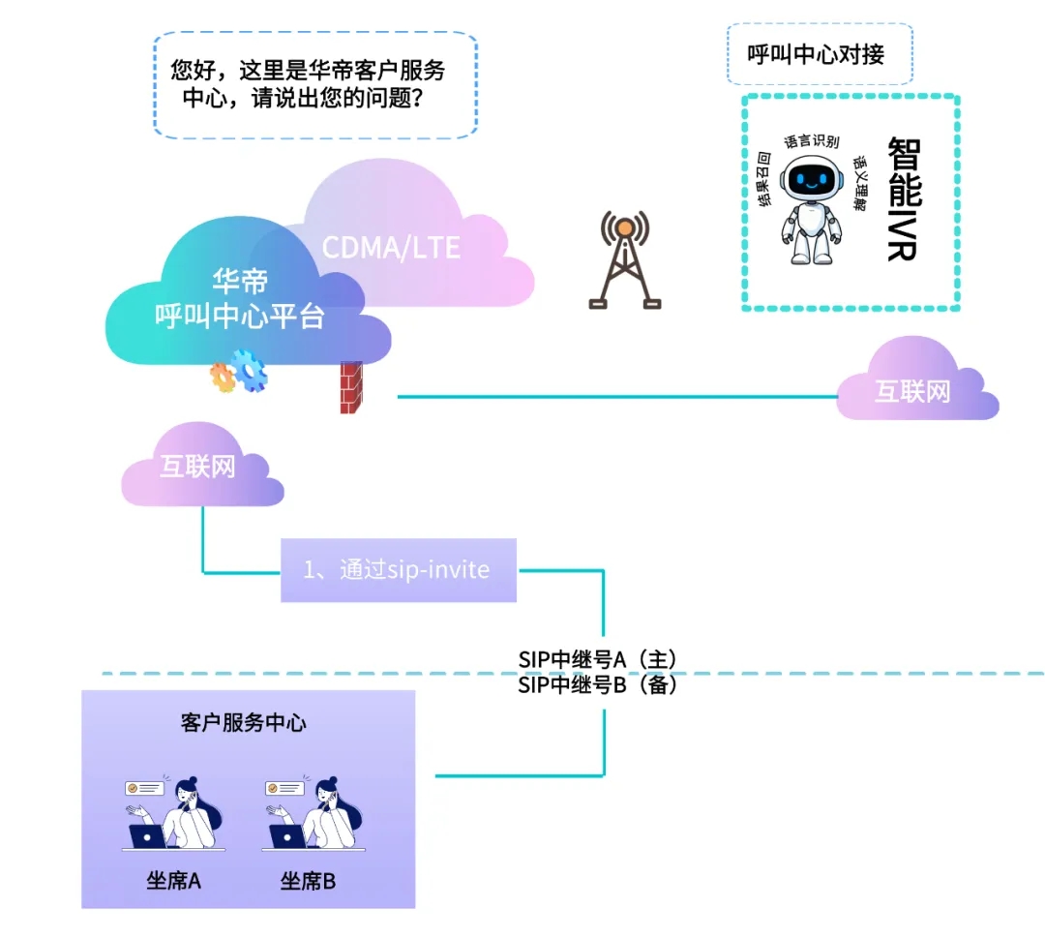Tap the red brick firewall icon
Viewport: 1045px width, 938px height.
[351, 387]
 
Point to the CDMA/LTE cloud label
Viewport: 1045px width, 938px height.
[391, 247]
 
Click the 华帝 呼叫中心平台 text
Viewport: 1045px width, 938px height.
[240, 299]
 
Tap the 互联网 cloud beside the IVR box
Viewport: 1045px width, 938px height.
[913, 391]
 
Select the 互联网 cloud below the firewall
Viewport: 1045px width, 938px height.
[197, 468]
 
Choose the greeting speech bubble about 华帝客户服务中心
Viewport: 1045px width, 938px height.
[315, 85]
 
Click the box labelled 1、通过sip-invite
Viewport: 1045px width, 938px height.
[399, 570]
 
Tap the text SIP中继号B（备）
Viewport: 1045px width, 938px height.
[597, 685]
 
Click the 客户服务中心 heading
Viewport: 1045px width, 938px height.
[244, 722]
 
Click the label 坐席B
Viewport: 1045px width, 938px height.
[308, 881]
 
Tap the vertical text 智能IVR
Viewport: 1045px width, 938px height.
[903, 198]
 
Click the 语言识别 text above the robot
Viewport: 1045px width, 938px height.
[811, 141]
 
